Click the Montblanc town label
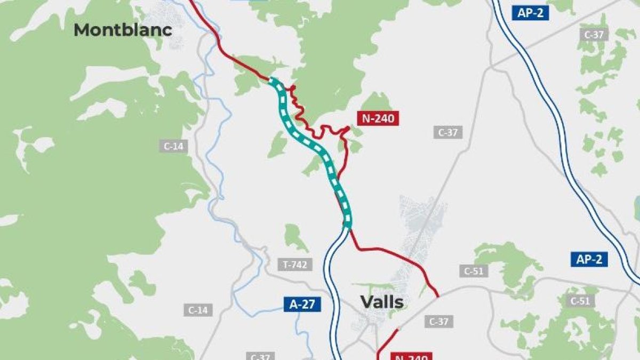123,30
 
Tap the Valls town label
382,302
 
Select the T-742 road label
295,265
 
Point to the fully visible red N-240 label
378,118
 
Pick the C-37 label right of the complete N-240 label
448,132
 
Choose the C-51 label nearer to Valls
473,271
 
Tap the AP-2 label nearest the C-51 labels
589,260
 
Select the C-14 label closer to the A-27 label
198,310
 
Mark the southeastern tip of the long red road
438,296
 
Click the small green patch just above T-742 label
295,237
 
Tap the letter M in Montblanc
82,30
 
